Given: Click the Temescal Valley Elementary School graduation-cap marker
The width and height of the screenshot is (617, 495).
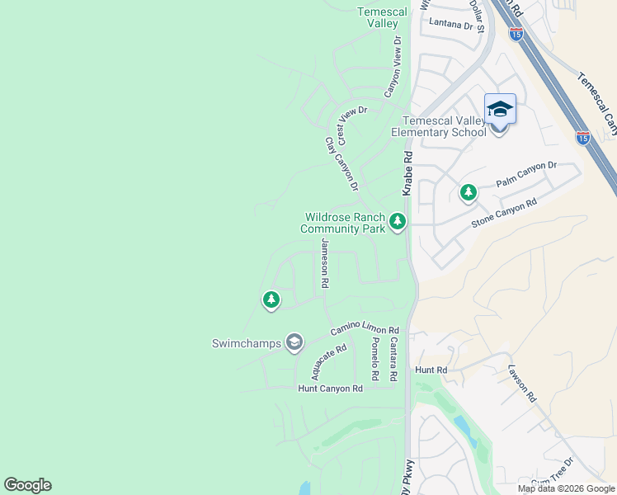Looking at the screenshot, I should (x=500, y=110).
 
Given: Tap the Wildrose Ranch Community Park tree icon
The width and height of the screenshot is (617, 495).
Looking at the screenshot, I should (x=398, y=221).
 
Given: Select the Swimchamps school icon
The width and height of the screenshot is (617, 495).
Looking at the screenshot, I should (x=294, y=342).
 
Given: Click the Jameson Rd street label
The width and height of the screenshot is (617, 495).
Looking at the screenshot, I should (x=325, y=263).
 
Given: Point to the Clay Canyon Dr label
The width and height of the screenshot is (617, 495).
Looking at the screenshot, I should (x=341, y=164).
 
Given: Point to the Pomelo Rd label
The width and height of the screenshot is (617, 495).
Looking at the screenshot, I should (x=375, y=359).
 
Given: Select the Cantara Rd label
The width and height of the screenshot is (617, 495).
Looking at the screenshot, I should (x=394, y=359).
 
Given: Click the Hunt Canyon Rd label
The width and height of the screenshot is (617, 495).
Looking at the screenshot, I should (x=330, y=388).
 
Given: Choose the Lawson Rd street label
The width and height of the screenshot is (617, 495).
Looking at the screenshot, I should (x=522, y=384).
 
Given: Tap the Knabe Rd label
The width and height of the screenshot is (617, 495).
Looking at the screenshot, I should (x=407, y=172).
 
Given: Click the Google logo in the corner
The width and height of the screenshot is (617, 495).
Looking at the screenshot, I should (x=27, y=485).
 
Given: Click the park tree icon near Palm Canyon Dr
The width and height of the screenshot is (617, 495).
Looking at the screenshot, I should (x=469, y=193).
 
